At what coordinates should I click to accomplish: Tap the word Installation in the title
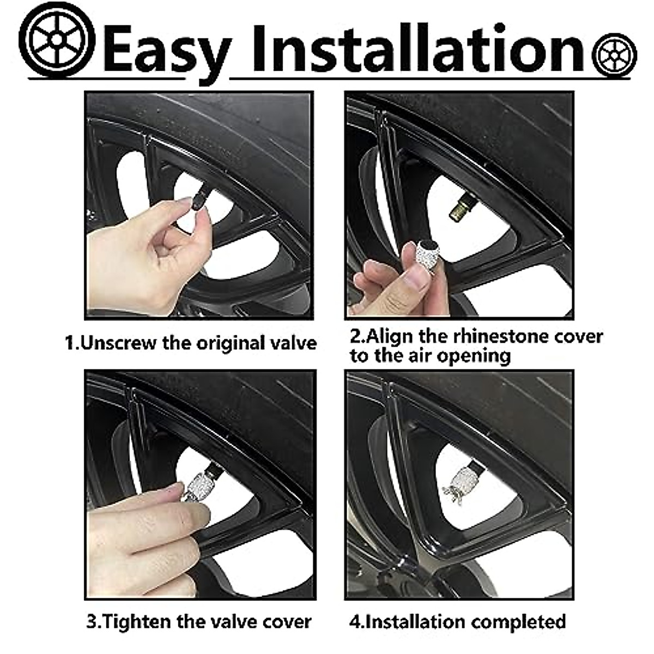point(417,48)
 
